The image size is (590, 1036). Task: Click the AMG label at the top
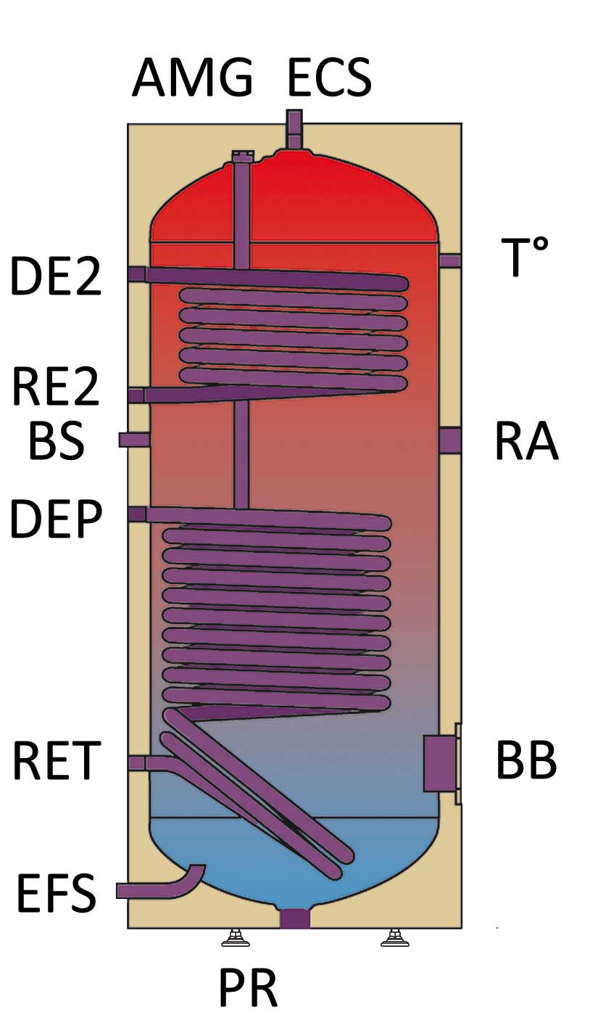point(192,78)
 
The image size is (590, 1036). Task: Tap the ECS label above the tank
point(330,78)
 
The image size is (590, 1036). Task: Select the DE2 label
point(56,277)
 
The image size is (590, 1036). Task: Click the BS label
point(56,441)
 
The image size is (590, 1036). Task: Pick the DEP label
point(56,519)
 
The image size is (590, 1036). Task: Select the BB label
point(526,762)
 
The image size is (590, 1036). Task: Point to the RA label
point(526,441)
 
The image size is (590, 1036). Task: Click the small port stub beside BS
point(134,440)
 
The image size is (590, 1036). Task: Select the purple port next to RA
point(450,440)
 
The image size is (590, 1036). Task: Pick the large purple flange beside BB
point(439,763)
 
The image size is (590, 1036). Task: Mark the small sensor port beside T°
point(450,260)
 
